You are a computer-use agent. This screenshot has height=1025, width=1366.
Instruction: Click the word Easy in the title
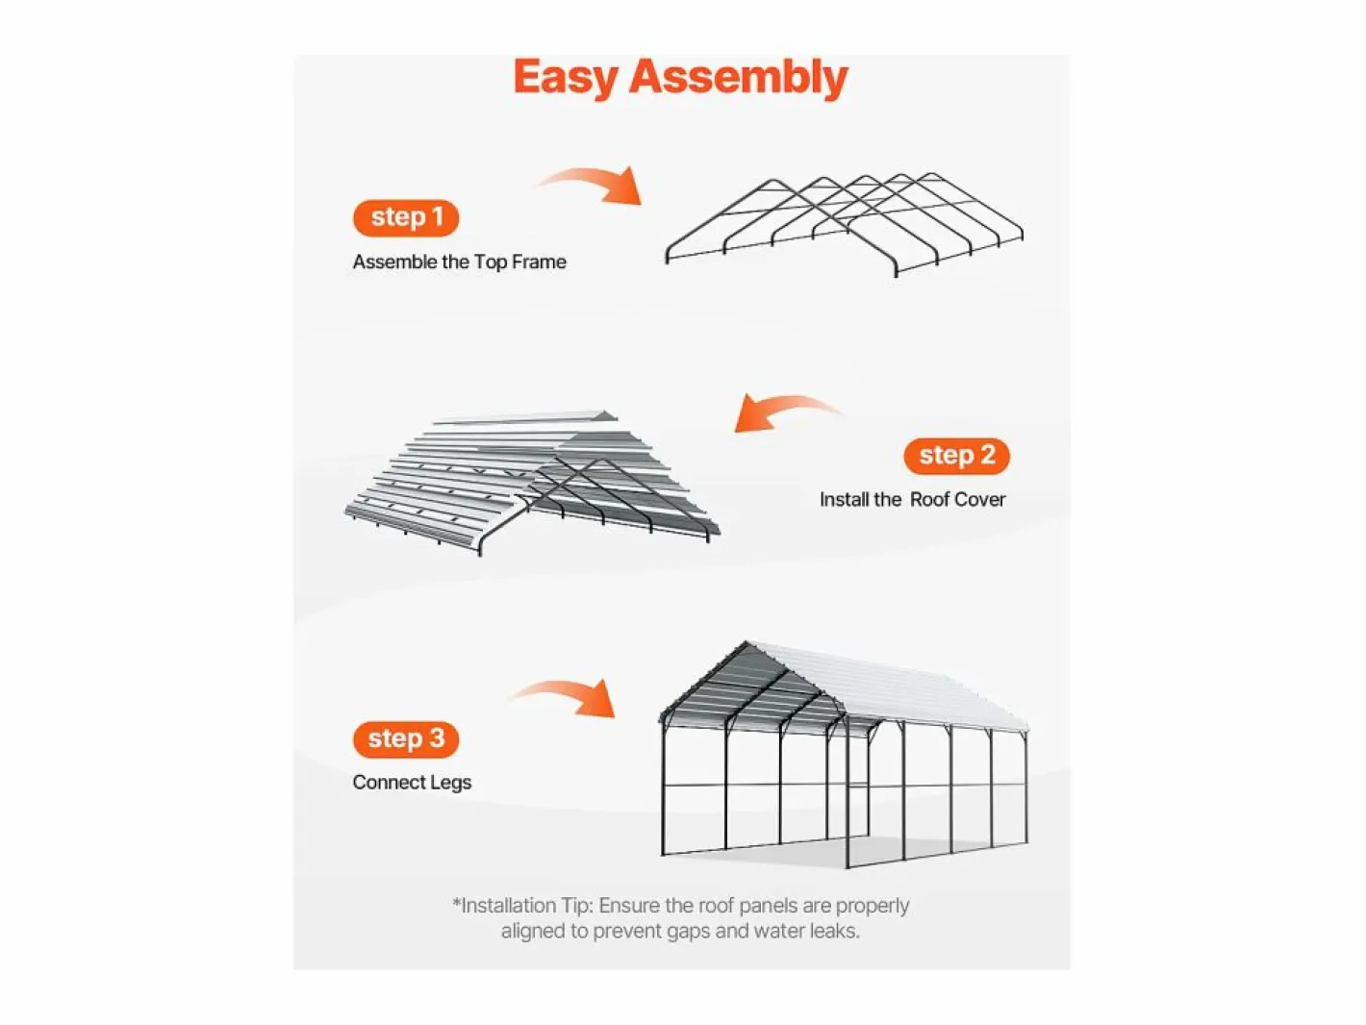click(x=565, y=78)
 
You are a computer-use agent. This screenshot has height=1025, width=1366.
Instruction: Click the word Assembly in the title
click(x=739, y=78)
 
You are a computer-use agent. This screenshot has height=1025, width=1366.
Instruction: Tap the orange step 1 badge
click(x=406, y=217)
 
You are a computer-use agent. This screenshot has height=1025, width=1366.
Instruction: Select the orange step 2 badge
click(x=956, y=456)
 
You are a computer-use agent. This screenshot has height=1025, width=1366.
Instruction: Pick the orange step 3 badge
click(x=406, y=739)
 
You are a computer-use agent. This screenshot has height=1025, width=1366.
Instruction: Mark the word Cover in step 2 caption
click(x=978, y=499)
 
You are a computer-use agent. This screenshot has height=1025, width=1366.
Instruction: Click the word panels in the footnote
click(x=766, y=906)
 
